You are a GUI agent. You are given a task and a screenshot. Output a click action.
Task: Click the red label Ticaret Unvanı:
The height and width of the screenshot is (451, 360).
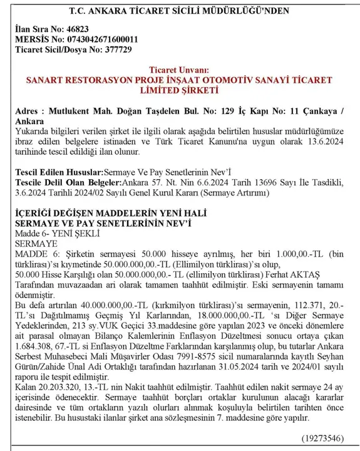pyautogui.click(x=180, y=70)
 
